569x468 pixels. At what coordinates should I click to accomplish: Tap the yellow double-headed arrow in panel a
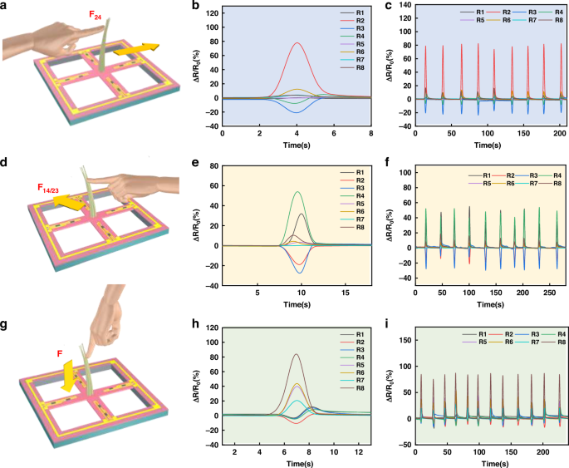tap(135, 50)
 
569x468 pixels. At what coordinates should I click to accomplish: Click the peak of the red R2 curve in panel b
tap(297, 43)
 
